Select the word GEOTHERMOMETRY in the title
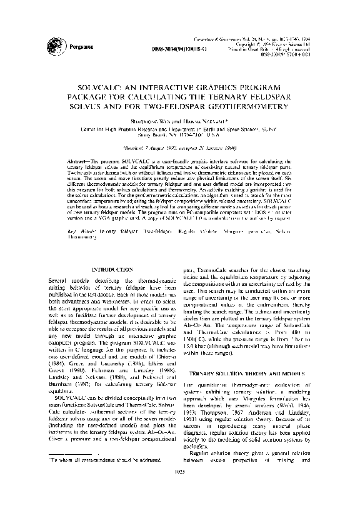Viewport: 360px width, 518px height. point(249,106)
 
